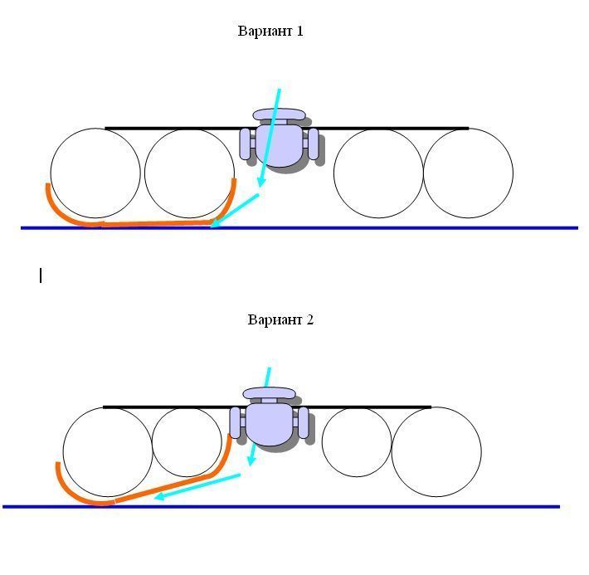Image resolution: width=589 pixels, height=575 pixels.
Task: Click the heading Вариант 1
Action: [270, 32]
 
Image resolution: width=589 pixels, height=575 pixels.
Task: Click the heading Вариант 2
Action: [280, 319]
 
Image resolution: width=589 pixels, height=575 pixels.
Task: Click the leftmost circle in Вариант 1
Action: [95, 173]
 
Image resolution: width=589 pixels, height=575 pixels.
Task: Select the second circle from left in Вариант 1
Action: [189, 173]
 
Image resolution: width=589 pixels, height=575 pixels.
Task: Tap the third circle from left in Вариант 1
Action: [378, 173]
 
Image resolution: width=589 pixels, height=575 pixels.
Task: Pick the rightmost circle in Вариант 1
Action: [468, 173]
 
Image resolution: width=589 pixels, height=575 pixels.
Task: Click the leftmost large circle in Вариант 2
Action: [108, 452]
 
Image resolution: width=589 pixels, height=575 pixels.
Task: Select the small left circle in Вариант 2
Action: [187, 441]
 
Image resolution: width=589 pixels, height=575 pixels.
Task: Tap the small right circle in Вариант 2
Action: [357, 441]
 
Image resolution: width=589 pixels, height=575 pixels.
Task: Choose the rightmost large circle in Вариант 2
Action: [436, 452]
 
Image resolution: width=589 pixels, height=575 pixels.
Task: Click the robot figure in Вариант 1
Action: [280, 143]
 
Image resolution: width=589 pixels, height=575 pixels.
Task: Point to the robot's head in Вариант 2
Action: [269, 392]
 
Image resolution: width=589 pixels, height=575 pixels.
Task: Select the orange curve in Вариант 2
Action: [166, 488]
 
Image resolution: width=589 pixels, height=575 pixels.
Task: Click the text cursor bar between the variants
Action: [41, 275]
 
